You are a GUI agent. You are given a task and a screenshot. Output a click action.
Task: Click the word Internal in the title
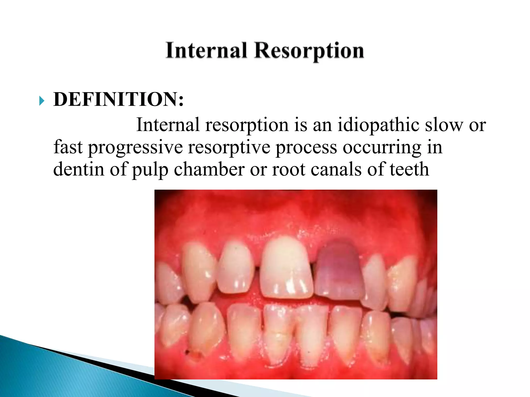(206, 50)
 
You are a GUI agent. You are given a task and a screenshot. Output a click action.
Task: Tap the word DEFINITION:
(119, 100)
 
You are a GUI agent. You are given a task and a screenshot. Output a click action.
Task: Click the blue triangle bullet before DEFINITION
(42, 101)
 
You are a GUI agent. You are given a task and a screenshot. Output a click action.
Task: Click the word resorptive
(229, 147)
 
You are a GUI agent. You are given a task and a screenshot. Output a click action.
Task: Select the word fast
(68, 147)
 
